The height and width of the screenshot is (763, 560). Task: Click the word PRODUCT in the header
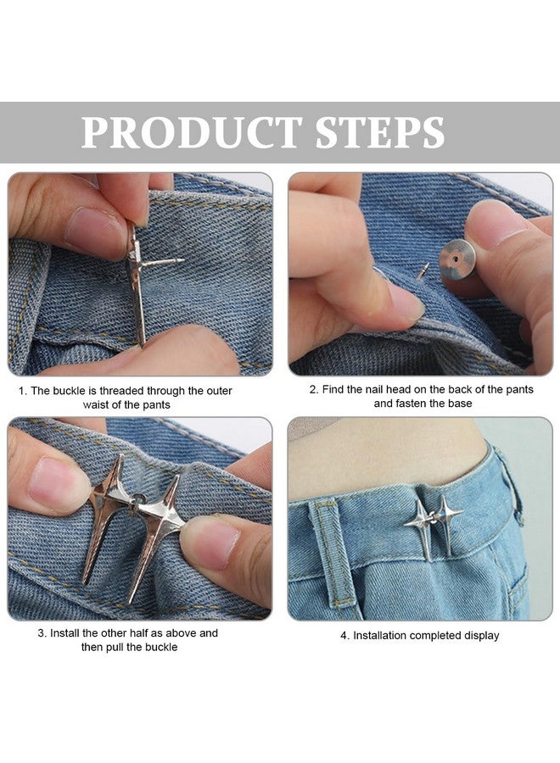(x=192, y=132)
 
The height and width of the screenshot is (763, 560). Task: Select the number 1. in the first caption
(x=23, y=391)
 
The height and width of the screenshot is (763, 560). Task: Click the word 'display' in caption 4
(x=479, y=635)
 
